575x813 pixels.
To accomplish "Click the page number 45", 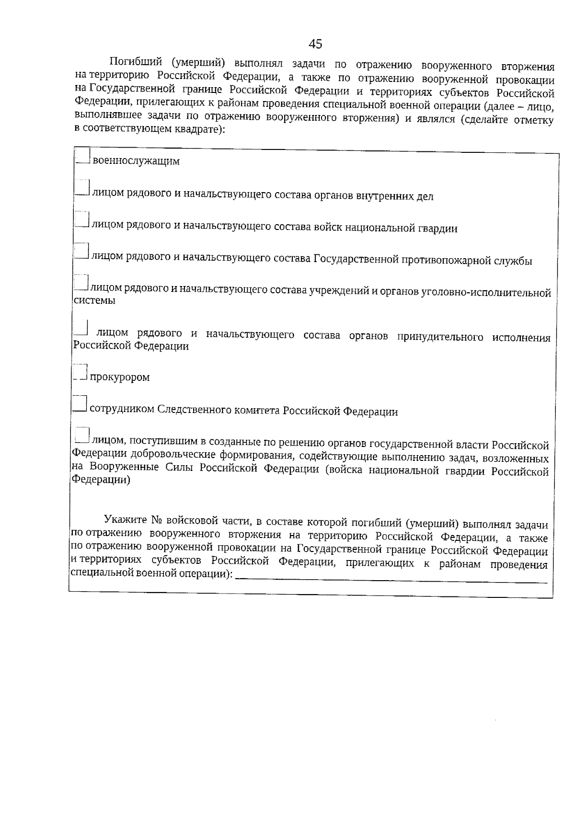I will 315,44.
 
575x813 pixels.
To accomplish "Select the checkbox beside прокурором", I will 80,372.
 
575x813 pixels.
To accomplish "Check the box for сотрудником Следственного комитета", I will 80,403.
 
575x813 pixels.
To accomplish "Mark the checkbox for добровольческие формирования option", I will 82,435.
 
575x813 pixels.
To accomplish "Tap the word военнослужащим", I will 136,161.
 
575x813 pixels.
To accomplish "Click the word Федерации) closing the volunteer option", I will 101,480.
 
